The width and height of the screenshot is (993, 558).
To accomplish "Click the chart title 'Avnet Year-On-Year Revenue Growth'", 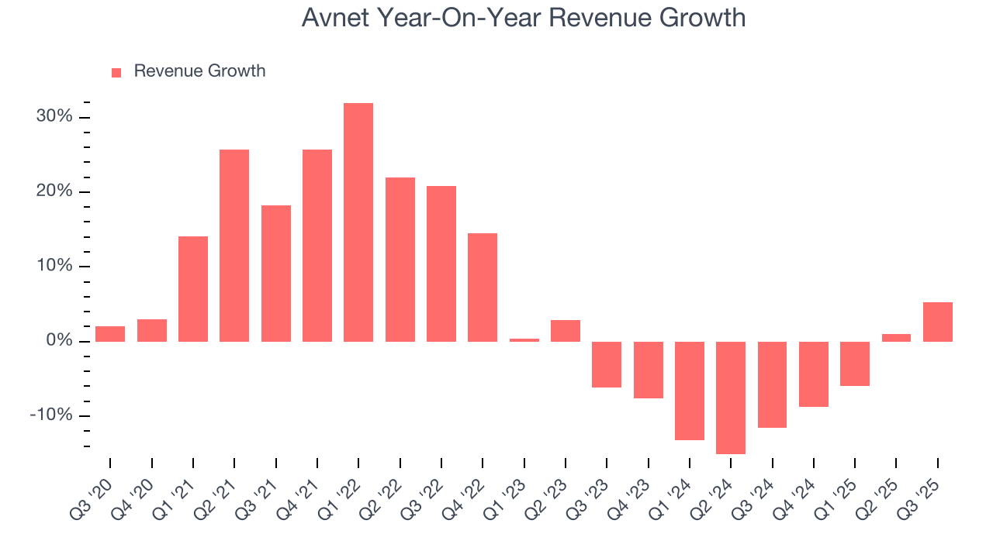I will (524, 18).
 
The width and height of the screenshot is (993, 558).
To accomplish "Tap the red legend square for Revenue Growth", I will (116, 72).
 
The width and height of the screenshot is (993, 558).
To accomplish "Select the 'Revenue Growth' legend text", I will (199, 71).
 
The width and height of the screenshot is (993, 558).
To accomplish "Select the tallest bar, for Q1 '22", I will (358, 222).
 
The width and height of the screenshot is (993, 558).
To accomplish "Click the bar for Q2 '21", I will (234, 246).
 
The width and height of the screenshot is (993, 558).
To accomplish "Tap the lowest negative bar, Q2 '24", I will (731, 398).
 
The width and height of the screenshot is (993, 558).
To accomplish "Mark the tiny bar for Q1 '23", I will (524, 339).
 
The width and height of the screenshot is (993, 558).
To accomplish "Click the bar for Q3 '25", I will (938, 322).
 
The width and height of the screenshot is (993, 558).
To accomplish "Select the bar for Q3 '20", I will (110, 334).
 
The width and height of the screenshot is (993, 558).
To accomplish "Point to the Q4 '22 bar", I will (483, 288).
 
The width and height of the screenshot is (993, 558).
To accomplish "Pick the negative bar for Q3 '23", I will (607, 364).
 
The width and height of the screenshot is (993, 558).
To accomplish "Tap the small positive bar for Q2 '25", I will (896, 338).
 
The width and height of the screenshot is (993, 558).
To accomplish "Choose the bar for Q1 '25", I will (855, 363).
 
